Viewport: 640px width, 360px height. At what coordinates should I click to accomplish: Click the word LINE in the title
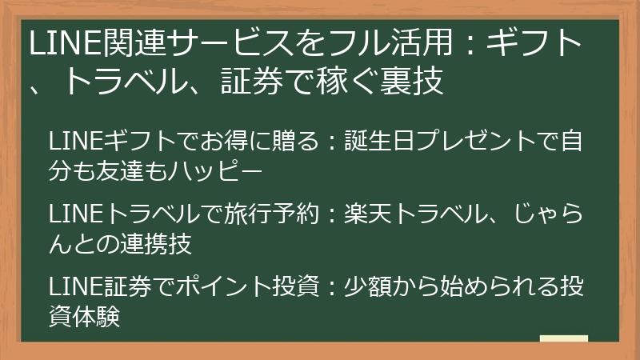[65, 44]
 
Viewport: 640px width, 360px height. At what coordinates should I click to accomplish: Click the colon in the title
[470, 44]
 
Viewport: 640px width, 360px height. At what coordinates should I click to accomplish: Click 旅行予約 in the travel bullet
[270, 214]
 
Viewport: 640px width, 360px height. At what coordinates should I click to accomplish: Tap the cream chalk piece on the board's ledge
[564, 338]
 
